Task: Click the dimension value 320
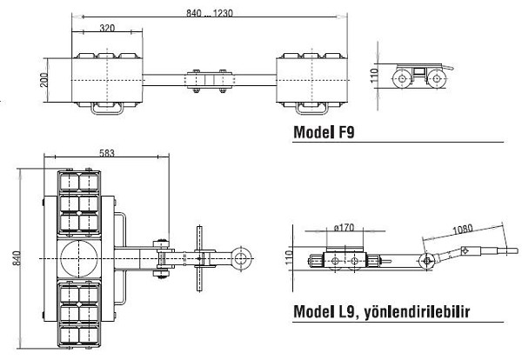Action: pos(107,28)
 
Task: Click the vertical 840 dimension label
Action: pos(12,259)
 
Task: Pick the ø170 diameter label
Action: pos(345,230)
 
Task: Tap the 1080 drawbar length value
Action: pos(463,231)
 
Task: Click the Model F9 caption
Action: pos(325,133)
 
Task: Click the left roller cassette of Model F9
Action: pos(106,79)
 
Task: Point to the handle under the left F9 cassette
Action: pos(107,110)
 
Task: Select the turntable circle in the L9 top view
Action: pos(80,258)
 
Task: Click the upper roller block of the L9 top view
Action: pos(80,203)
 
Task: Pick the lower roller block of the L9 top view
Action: pos(80,313)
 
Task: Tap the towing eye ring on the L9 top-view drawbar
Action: pos(243,258)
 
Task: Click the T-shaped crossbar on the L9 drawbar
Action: pos(201,258)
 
